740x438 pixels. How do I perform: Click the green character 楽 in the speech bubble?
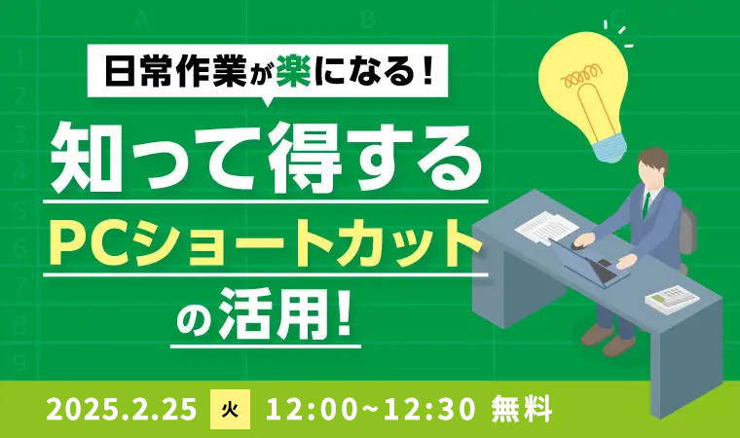(293, 70)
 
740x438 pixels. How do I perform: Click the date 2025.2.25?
(122, 409)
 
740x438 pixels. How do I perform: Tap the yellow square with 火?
(230, 409)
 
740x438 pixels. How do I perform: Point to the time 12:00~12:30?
(370, 409)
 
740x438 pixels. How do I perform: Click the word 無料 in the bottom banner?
(522, 409)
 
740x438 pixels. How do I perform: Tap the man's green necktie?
(647, 204)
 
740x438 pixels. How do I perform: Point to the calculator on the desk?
(672, 297)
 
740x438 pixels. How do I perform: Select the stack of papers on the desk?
(546, 227)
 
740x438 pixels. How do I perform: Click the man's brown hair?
(654, 158)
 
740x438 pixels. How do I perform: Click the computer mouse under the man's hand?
(579, 244)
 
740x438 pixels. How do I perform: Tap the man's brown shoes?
(609, 340)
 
